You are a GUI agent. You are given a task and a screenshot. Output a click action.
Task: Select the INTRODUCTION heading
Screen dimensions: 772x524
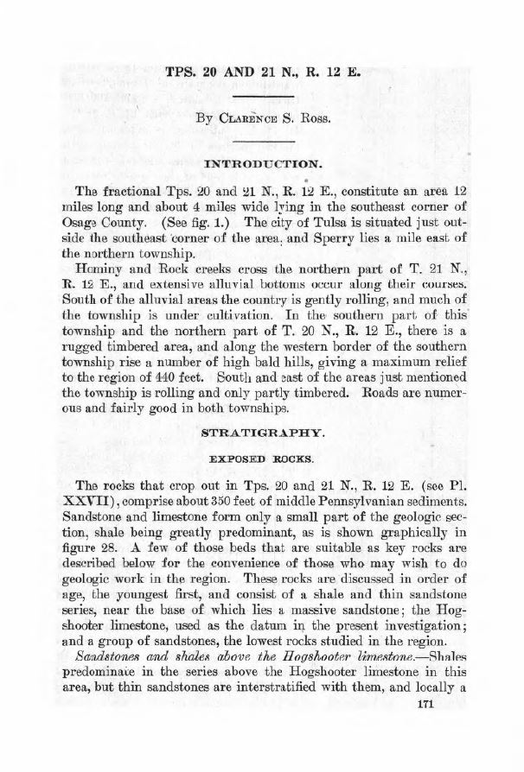click(x=261, y=162)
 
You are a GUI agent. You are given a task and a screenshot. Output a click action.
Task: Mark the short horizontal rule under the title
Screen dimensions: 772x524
click(x=261, y=83)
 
